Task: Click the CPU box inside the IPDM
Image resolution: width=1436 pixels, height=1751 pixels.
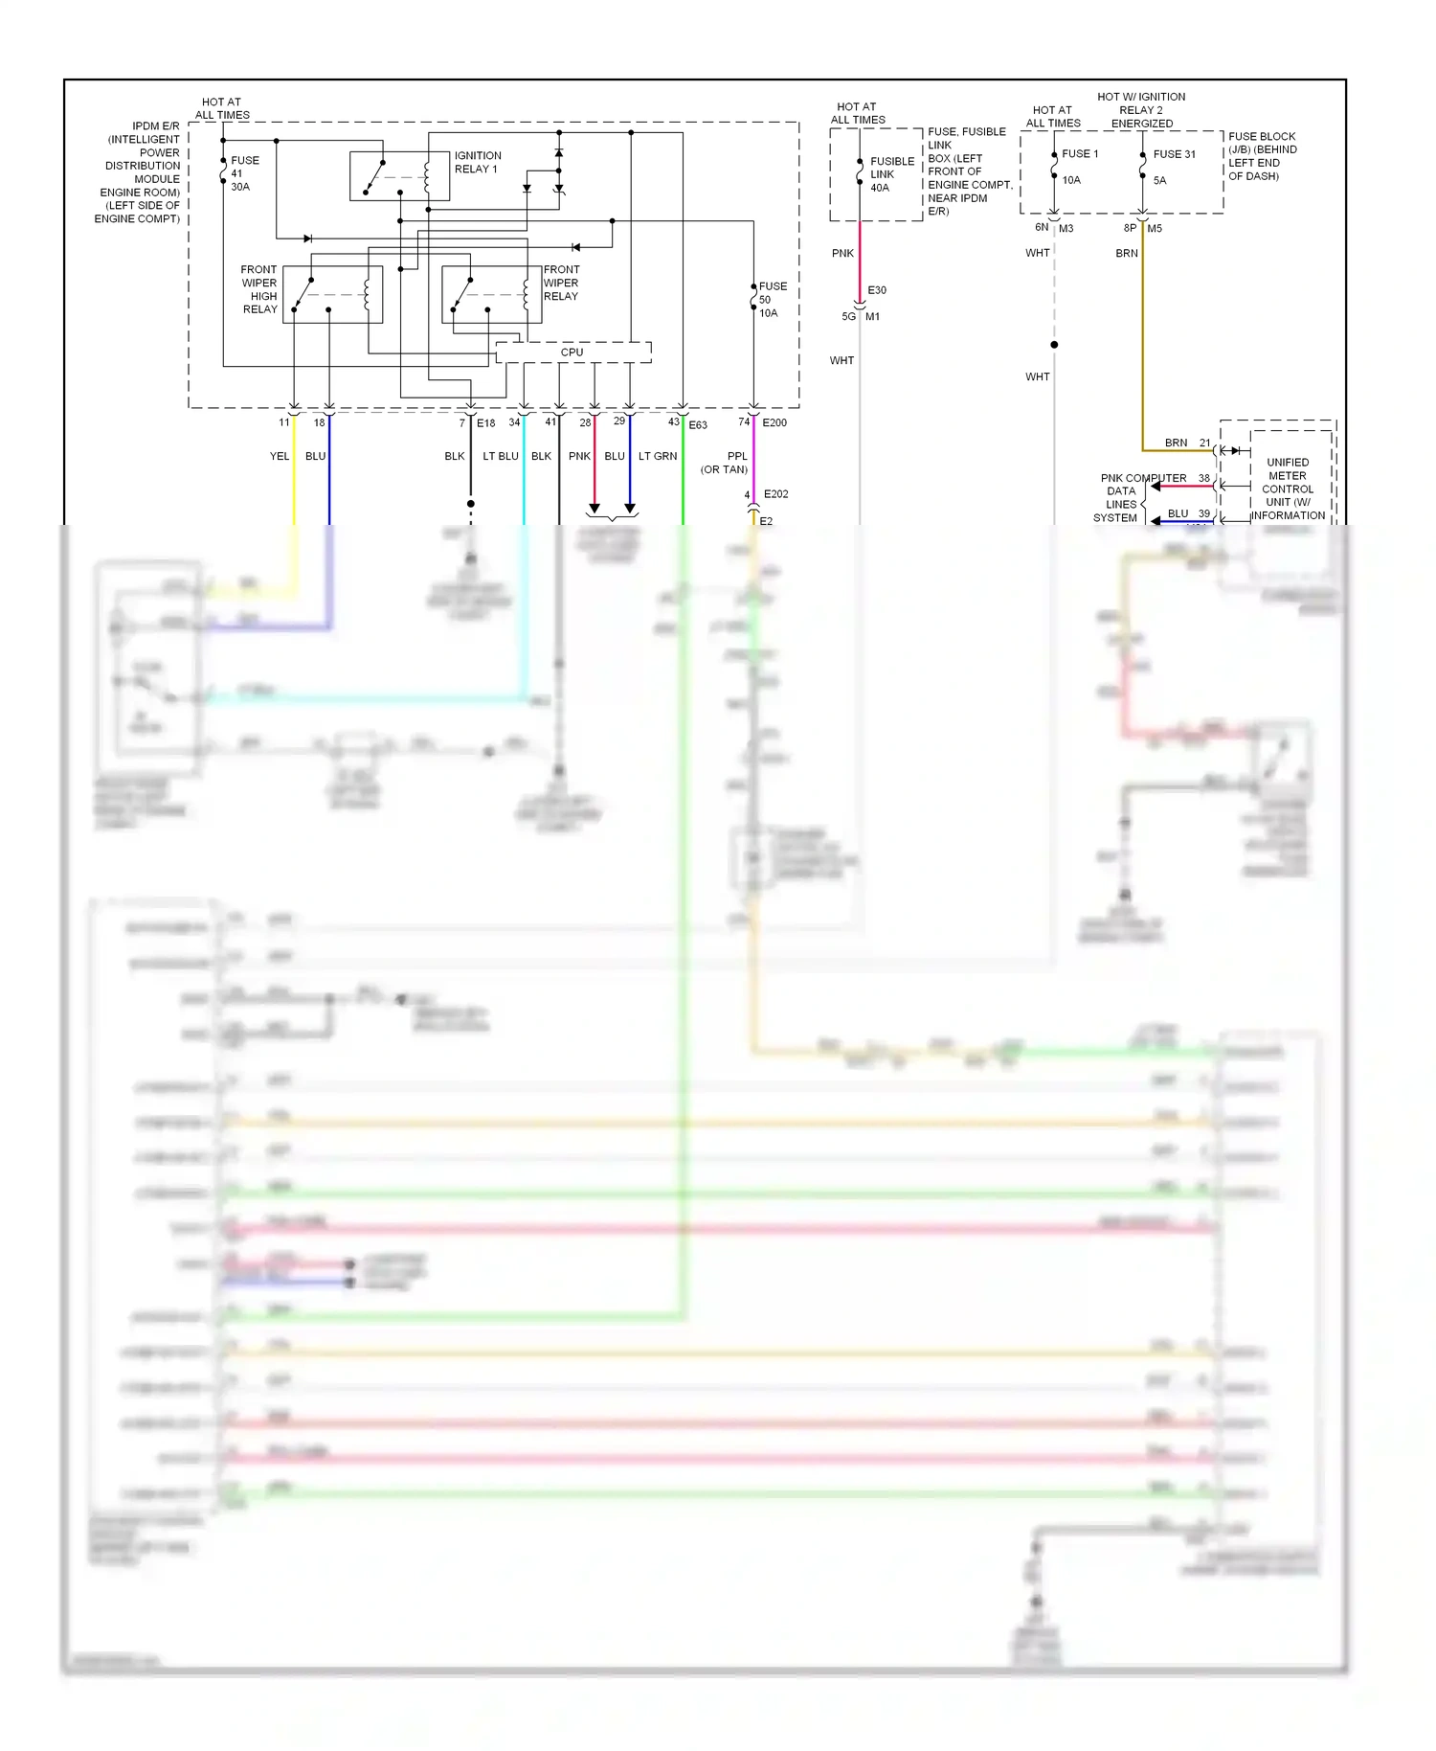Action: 572,352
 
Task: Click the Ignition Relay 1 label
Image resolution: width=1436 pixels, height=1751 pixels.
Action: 477,162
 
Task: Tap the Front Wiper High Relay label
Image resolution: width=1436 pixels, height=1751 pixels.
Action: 259,289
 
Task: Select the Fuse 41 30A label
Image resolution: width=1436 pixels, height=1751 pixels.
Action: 242,173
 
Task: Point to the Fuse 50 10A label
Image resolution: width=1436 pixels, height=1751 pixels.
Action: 772,300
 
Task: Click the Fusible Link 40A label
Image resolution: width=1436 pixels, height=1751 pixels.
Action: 890,174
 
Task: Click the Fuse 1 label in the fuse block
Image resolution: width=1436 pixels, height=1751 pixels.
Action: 1079,154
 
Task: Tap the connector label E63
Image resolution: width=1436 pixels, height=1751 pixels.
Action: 698,425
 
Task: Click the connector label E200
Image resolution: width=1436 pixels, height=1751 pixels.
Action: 774,422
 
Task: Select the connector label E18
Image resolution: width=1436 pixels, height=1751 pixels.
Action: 486,423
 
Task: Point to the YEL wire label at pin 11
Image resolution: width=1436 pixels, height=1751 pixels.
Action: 280,456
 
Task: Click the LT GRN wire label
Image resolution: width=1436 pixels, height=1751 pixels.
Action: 658,456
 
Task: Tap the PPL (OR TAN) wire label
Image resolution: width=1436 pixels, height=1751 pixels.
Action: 726,463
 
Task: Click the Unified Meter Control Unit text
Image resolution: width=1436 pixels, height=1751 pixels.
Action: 1288,489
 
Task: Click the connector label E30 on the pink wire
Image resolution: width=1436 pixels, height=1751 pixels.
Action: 877,290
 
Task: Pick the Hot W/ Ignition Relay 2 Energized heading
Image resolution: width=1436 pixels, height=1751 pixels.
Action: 1141,110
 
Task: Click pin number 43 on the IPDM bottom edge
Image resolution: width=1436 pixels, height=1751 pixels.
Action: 673,421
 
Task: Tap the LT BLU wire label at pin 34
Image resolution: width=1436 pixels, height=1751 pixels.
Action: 501,456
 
